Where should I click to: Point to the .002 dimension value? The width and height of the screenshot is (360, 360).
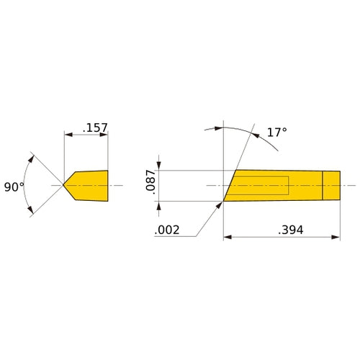tap(167, 230)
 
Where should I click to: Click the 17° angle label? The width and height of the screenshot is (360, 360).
tap(276, 132)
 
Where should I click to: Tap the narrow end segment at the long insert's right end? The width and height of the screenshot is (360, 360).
tap(331, 186)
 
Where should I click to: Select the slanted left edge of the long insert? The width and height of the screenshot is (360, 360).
tap(230, 186)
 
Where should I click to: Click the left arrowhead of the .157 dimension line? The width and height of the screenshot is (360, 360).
tap(68, 135)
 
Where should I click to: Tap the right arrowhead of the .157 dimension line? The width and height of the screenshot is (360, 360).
tap(104, 135)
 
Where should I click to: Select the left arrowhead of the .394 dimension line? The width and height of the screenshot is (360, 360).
tap(228, 236)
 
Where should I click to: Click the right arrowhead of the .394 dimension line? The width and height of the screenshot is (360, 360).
tap(335, 236)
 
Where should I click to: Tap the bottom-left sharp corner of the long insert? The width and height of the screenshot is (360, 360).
tap(223, 201)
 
